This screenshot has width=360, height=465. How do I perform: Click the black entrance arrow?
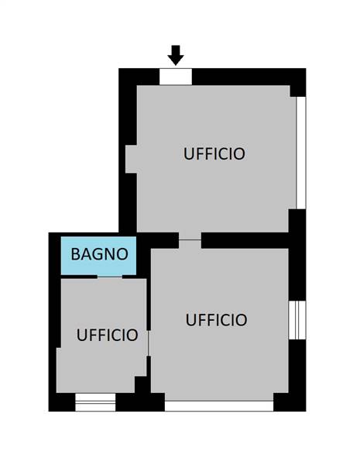[176, 55]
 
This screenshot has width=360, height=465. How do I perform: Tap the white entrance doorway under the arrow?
[176, 77]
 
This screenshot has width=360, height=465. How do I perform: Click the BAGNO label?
[100, 254]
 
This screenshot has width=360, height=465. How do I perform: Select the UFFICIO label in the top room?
[214, 153]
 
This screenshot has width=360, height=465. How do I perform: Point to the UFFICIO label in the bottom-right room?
[216, 319]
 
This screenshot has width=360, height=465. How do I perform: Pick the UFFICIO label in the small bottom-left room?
[108, 335]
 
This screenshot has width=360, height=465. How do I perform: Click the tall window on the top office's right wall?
[301, 153]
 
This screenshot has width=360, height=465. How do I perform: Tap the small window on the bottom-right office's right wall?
[297, 320]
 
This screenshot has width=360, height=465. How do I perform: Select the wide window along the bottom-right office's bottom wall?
[219, 406]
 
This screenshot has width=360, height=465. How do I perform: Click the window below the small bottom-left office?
[95, 402]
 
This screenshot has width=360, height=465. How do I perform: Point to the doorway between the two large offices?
[190, 240]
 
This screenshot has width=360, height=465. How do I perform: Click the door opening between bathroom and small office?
[110, 277]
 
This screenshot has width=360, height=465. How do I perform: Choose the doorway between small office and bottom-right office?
[149, 343]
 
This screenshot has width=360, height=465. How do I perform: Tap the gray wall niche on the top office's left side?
[131, 159]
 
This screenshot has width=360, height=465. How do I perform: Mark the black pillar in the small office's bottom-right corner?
[142, 384]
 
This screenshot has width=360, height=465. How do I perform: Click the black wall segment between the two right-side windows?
[297, 255]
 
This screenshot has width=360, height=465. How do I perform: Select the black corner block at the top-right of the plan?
[298, 82]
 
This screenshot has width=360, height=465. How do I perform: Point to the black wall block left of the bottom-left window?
[62, 402]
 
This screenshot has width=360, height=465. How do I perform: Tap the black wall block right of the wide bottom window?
[290, 402]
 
